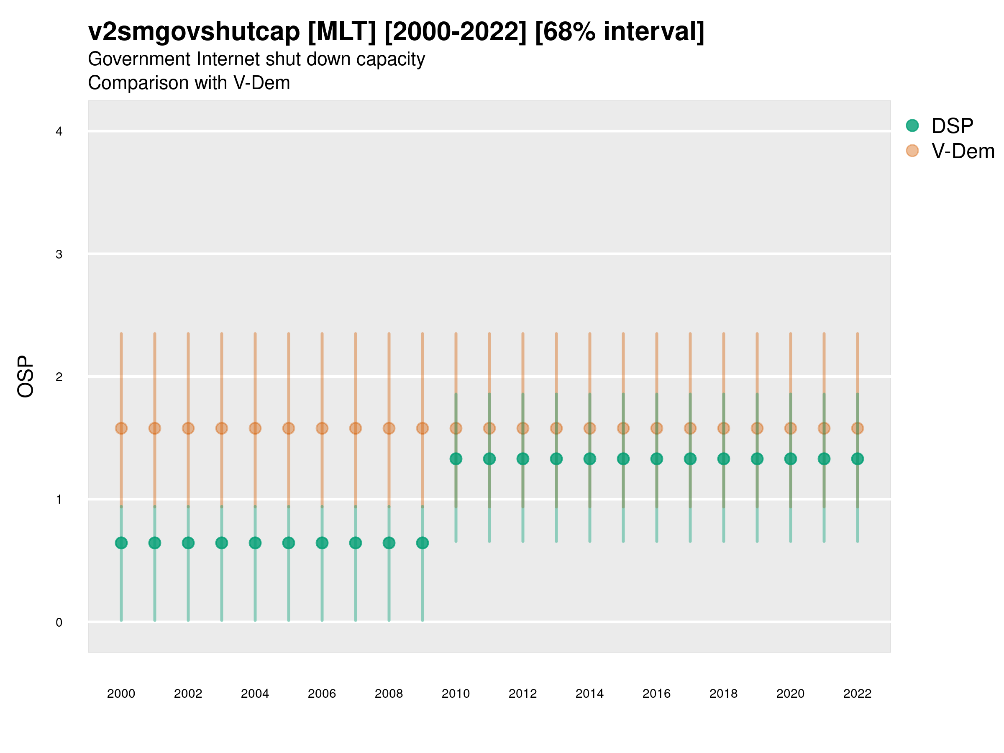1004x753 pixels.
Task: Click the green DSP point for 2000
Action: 121,543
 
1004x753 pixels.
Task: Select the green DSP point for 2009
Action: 422,543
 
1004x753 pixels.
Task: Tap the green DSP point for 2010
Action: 456,459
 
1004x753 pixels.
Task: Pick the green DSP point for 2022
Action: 858,459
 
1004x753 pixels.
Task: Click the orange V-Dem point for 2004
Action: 255,428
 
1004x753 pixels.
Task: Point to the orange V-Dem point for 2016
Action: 657,428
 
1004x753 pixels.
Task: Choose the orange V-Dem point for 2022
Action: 858,428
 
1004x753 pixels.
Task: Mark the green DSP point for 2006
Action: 322,543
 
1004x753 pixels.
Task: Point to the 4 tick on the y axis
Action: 59,132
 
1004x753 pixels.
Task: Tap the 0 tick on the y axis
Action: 59,623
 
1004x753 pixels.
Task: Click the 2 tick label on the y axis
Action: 59,377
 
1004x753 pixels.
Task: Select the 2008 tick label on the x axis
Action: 389,694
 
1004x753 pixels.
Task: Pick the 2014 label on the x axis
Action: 589,694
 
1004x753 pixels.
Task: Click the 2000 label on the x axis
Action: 121,694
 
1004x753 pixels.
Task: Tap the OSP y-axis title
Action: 26,377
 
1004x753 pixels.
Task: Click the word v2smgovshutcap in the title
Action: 194,32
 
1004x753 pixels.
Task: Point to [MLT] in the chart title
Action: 342,32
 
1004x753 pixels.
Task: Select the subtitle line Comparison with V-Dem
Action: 189,83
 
